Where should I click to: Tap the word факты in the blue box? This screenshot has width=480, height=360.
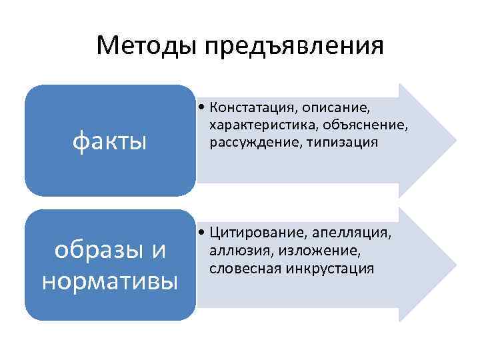click(x=109, y=141)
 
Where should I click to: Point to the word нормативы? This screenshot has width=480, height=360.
click(x=109, y=281)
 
